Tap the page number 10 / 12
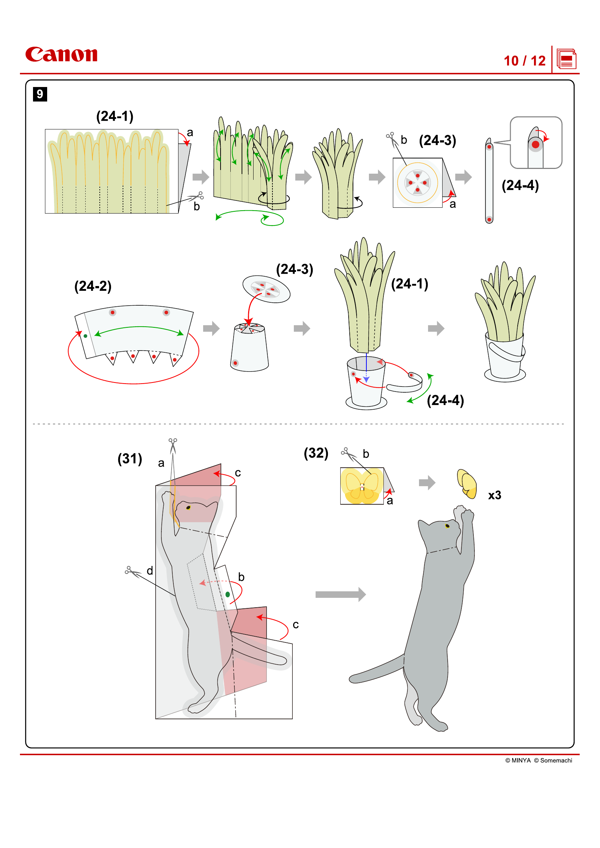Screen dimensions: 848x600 point(524,61)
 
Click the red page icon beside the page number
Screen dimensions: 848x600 point(566,59)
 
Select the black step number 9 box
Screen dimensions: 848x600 point(40,94)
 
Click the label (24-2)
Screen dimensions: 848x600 point(93,286)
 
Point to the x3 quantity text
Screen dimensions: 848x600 point(494,495)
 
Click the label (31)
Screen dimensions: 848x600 point(130,459)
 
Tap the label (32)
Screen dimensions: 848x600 point(316,453)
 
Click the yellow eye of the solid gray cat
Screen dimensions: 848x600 point(447,526)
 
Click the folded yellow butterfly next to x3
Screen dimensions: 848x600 point(467,484)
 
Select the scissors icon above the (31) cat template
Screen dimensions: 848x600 point(173,445)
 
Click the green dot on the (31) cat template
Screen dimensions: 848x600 point(227,594)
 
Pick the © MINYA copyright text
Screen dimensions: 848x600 point(518,761)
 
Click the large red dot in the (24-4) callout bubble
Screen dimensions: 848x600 point(535,144)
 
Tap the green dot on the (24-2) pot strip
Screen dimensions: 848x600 point(85,336)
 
